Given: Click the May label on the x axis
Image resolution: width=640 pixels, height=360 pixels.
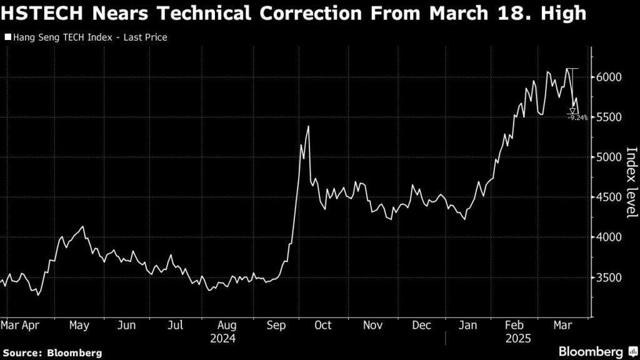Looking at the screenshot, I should [79, 326].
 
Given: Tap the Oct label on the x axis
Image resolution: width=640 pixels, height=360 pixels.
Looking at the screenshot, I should [323, 326].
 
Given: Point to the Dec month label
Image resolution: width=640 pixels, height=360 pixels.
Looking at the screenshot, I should [422, 326].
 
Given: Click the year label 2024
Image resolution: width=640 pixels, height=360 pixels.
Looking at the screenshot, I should [223, 338].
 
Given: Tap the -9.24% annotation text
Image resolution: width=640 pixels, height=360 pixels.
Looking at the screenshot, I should [577, 117].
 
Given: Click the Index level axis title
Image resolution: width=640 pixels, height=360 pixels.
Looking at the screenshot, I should [631, 182].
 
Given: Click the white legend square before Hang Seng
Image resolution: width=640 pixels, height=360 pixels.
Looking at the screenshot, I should [8, 37].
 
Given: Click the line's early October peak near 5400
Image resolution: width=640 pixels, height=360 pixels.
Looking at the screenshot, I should [308, 127].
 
